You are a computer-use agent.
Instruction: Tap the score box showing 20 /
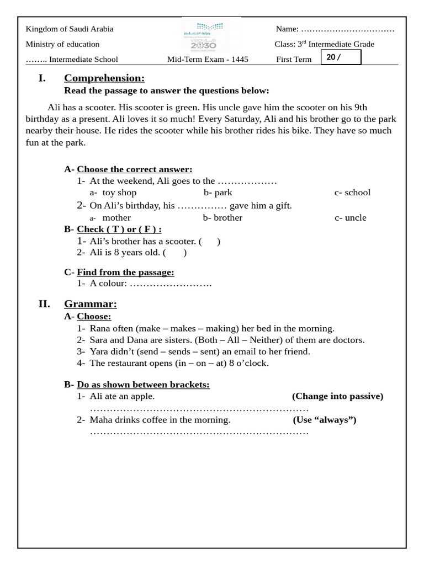pyautogui.click(x=341, y=57)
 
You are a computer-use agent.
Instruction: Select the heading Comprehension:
pyautogui.click(x=104, y=78)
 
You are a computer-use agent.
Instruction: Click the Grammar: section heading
pyautogui.click(x=91, y=303)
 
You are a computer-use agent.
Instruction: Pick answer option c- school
pyautogui.click(x=352, y=193)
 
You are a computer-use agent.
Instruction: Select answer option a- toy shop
pyautogui.click(x=113, y=193)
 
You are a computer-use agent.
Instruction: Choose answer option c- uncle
pyautogui.click(x=350, y=217)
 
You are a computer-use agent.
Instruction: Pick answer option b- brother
pyautogui.click(x=222, y=217)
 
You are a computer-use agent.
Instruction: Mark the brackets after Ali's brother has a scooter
pyautogui.click(x=210, y=241)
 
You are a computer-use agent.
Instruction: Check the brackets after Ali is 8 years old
pyautogui.click(x=174, y=253)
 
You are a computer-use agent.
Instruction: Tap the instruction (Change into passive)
pyautogui.click(x=337, y=396)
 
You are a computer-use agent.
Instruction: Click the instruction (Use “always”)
pyautogui.click(x=325, y=420)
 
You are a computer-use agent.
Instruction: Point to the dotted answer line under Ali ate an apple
pyautogui.click(x=199, y=409)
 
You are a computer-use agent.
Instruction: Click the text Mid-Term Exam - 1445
pyautogui.click(x=208, y=60)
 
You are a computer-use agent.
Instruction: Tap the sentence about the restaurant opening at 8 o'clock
pyautogui.click(x=179, y=363)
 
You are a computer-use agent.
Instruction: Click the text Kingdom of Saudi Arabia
pyautogui.click(x=70, y=29)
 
